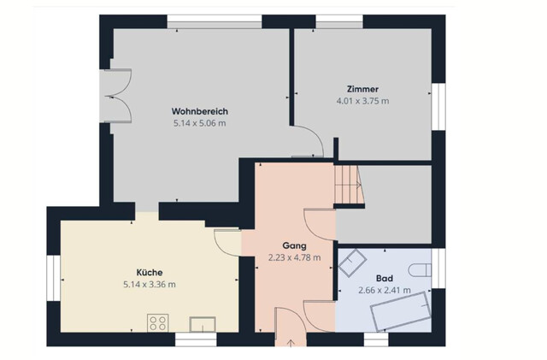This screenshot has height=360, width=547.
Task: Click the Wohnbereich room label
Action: (x=199, y=112)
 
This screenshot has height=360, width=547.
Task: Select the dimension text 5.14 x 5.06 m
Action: (x=199, y=123)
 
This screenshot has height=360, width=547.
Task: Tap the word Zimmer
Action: (x=362, y=89)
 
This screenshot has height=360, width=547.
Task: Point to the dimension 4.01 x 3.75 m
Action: (x=362, y=100)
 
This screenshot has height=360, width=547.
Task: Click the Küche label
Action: (x=150, y=272)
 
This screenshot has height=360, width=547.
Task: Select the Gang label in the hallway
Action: (x=294, y=245)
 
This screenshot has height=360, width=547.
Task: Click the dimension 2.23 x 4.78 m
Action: (x=294, y=256)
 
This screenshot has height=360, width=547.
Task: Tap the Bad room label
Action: (x=385, y=279)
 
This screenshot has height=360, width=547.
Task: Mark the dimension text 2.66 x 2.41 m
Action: (x=385, y=290)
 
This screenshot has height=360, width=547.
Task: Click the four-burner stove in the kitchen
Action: (x=157, y=322)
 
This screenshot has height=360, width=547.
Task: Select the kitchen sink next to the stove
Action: (x=202, y=322)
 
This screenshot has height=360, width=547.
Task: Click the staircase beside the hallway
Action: (x=349, y=183)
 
